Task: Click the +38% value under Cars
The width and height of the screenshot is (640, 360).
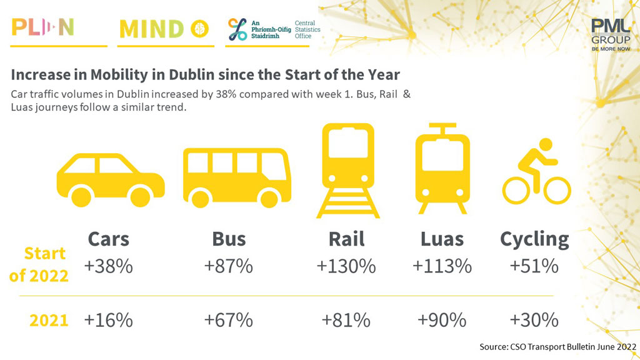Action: pyautogui.click(x=109, y=266)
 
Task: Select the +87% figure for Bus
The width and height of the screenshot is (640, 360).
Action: pyautogui.click(x=229, y=266)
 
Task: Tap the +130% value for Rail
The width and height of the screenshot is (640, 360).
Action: pyautogui.click(x=346, y=266)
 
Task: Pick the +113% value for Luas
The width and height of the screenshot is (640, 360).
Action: pyautogui.click(x=442, y=266)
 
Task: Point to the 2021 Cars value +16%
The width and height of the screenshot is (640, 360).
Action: pyautogui.click(x=109, y=320)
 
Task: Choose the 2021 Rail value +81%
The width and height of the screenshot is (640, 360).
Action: pyautogui.click(x=346, y=320)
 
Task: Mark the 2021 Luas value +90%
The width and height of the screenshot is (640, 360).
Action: pyautogui.click(x=442, y=320)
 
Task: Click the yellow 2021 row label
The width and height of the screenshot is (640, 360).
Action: pyautogui.click(x=49, y=320)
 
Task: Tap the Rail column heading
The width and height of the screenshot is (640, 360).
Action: pyautogui.click(x=346, y=239)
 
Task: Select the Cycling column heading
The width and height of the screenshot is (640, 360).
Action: pyautogui.click(x=534, y=239)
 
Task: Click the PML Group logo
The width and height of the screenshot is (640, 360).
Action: pyautogui.click(x=610, y=35)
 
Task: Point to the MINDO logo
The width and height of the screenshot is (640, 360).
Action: pyautogui.click(x=164, y=29)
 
